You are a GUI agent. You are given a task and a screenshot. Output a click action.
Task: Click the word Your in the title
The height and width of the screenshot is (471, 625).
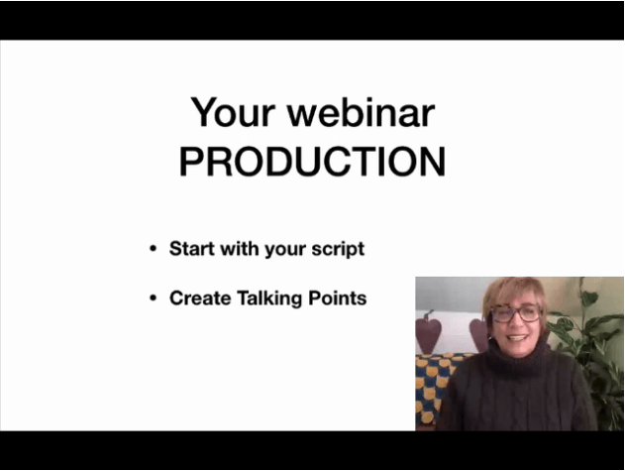pyautogui.click(x=233, y=112)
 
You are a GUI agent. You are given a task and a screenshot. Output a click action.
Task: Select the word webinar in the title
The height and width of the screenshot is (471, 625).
pyautogui.click(x=362, y=112)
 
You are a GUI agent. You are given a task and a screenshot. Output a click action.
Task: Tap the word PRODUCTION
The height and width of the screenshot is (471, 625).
pyautogui.click(x=313, y=162)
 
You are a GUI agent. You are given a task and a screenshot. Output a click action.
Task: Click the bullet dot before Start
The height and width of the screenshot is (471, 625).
pyautogui.click(x=154, y=249)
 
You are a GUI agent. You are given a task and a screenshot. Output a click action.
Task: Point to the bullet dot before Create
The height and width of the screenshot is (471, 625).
pyautogui.click(x=154, y=298)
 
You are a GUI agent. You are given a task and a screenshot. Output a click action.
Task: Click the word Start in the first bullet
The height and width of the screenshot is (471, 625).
pyautogui.click(x=192, y=248)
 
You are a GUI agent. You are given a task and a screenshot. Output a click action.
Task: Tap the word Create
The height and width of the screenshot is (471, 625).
pyautogui.click(x=200, y=298)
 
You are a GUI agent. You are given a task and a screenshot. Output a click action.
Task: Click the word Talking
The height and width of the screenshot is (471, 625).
pyautogui.click(x=269, y=299)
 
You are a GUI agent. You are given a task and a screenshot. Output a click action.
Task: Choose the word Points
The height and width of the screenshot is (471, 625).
pyautogui.click(x=337, y=298)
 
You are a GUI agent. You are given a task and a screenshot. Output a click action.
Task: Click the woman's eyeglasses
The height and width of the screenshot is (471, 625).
pyautogui.click(x=516, y=312)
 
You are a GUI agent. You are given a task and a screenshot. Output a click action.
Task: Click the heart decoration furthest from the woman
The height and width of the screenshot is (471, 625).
pyautogui.click(x=428, y=331)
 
